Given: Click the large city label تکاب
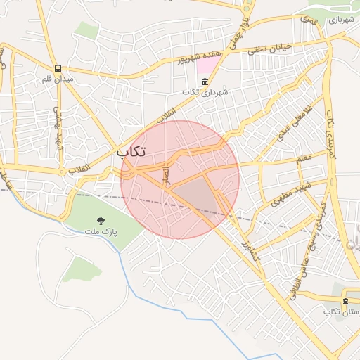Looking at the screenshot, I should click(131, 151).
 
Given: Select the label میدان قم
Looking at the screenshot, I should click(57, 79).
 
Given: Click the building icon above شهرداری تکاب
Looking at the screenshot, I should click(205, 82).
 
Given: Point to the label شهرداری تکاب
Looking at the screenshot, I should click(204, 92).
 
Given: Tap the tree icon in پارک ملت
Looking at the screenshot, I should click(101, 220).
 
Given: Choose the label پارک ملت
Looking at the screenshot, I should click(101, 231).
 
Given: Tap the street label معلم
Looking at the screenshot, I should click(304, 159).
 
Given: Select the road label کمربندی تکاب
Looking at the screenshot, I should click(330, 130).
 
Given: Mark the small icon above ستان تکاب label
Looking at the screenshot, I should click(345, 301).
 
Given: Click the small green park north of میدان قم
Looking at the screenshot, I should click(86, 29).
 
